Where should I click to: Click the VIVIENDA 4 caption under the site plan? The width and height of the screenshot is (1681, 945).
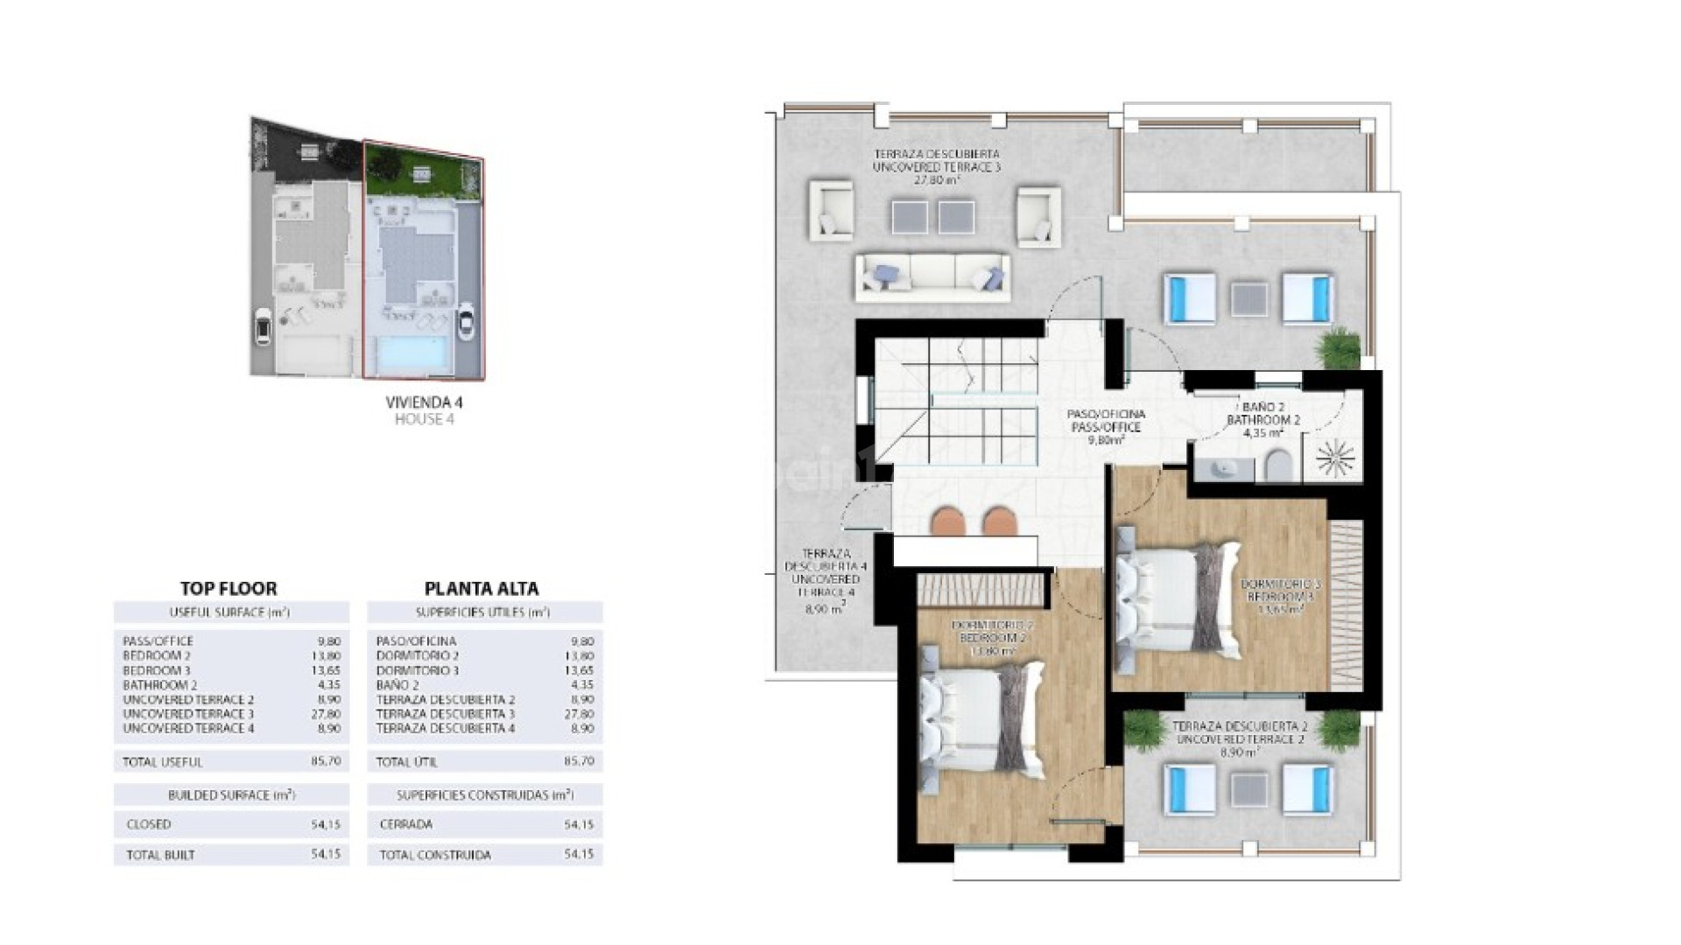[x=424, y=403]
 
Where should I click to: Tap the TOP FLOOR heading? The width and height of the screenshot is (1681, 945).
[x=229, y=589]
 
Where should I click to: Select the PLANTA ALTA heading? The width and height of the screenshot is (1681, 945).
[x=482, y=589]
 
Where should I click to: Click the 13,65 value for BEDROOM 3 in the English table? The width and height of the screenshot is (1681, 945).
[x=327, y=670]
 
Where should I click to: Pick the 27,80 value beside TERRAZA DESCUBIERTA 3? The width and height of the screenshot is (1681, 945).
[x=580, y=714]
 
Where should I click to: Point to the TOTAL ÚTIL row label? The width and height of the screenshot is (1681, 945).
[x=406, y=762]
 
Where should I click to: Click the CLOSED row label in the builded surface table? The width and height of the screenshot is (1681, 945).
[x=149, y=824]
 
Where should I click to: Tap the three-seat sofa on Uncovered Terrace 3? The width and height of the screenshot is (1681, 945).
[x=932, y=276]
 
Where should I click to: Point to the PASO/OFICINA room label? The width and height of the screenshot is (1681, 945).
[x=1105, y=415]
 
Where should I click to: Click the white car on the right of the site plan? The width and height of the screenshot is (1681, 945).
[x=467, y=325]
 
